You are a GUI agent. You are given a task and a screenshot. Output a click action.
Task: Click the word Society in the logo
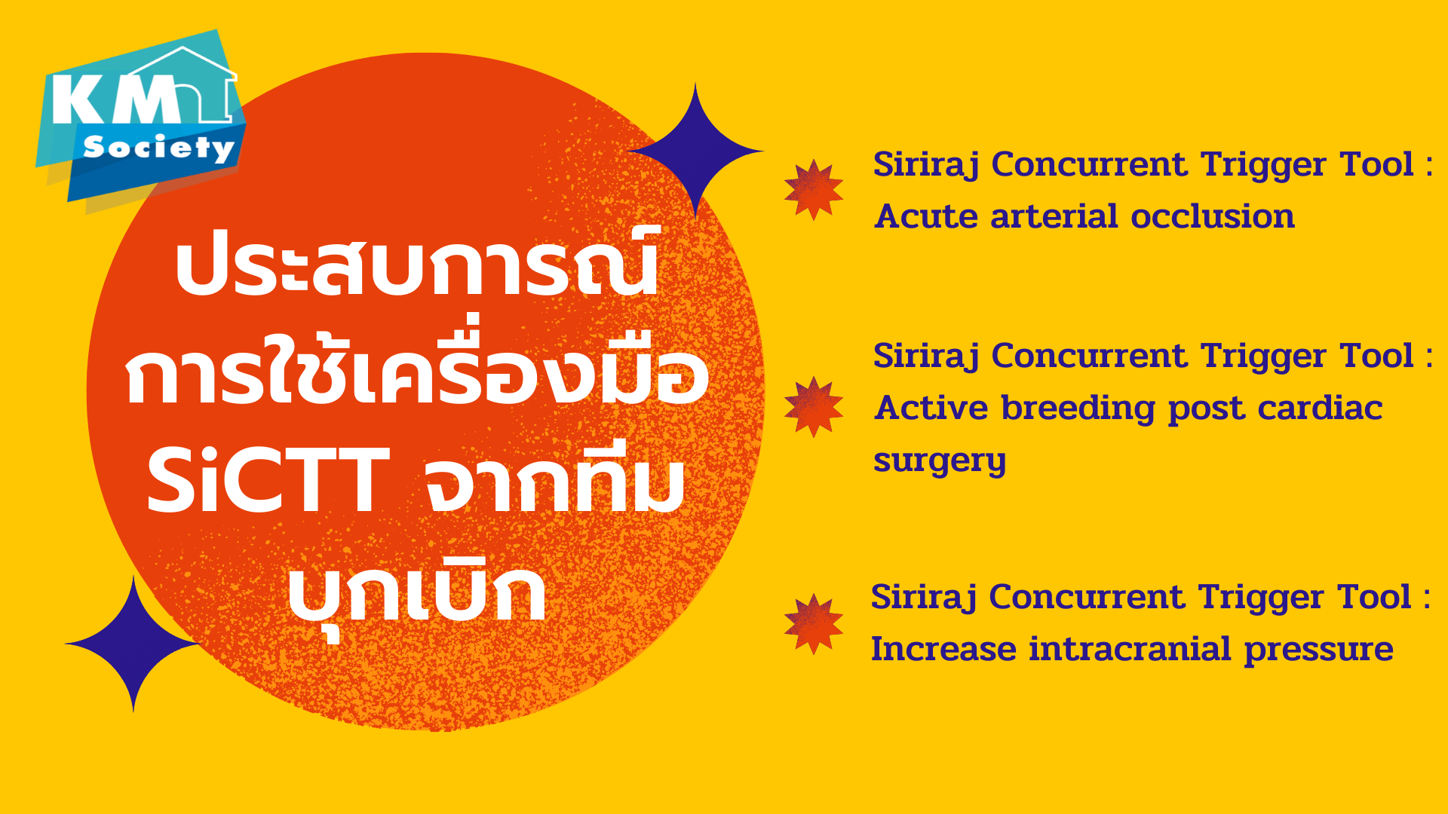pyautogui.click(x=159, y=147)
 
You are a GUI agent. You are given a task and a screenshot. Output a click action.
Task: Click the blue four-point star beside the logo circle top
pyautogui.click(x=695, y=151)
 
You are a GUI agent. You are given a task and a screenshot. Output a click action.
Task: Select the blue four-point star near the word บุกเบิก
pyautogui.click(x=133, y=644)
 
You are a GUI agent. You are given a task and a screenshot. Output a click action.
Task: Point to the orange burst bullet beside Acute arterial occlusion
pyautogui.click(x=813, y=189)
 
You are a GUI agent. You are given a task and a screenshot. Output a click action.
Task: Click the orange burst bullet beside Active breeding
pyautogui.click(x=813, y=407)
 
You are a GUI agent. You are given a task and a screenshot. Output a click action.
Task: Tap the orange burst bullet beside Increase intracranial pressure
pyautogui.click(x=813, y=623)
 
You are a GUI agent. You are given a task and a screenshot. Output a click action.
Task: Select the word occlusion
pyautogui.click(x=1213, y=216)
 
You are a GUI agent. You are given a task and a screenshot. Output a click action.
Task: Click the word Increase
pyautogui.click(x=943, y=649)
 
